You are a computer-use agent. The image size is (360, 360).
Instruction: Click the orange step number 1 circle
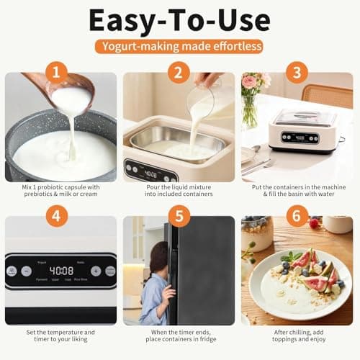[58, 73]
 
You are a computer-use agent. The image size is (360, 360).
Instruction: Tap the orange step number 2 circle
[179, 73]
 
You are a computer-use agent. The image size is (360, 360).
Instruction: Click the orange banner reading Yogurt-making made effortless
[179, 46]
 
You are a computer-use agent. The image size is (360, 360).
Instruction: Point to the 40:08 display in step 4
[61, 271]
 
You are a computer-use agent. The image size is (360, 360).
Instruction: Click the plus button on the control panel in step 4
[96, 271]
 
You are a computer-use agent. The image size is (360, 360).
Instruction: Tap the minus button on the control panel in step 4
[27, 271]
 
